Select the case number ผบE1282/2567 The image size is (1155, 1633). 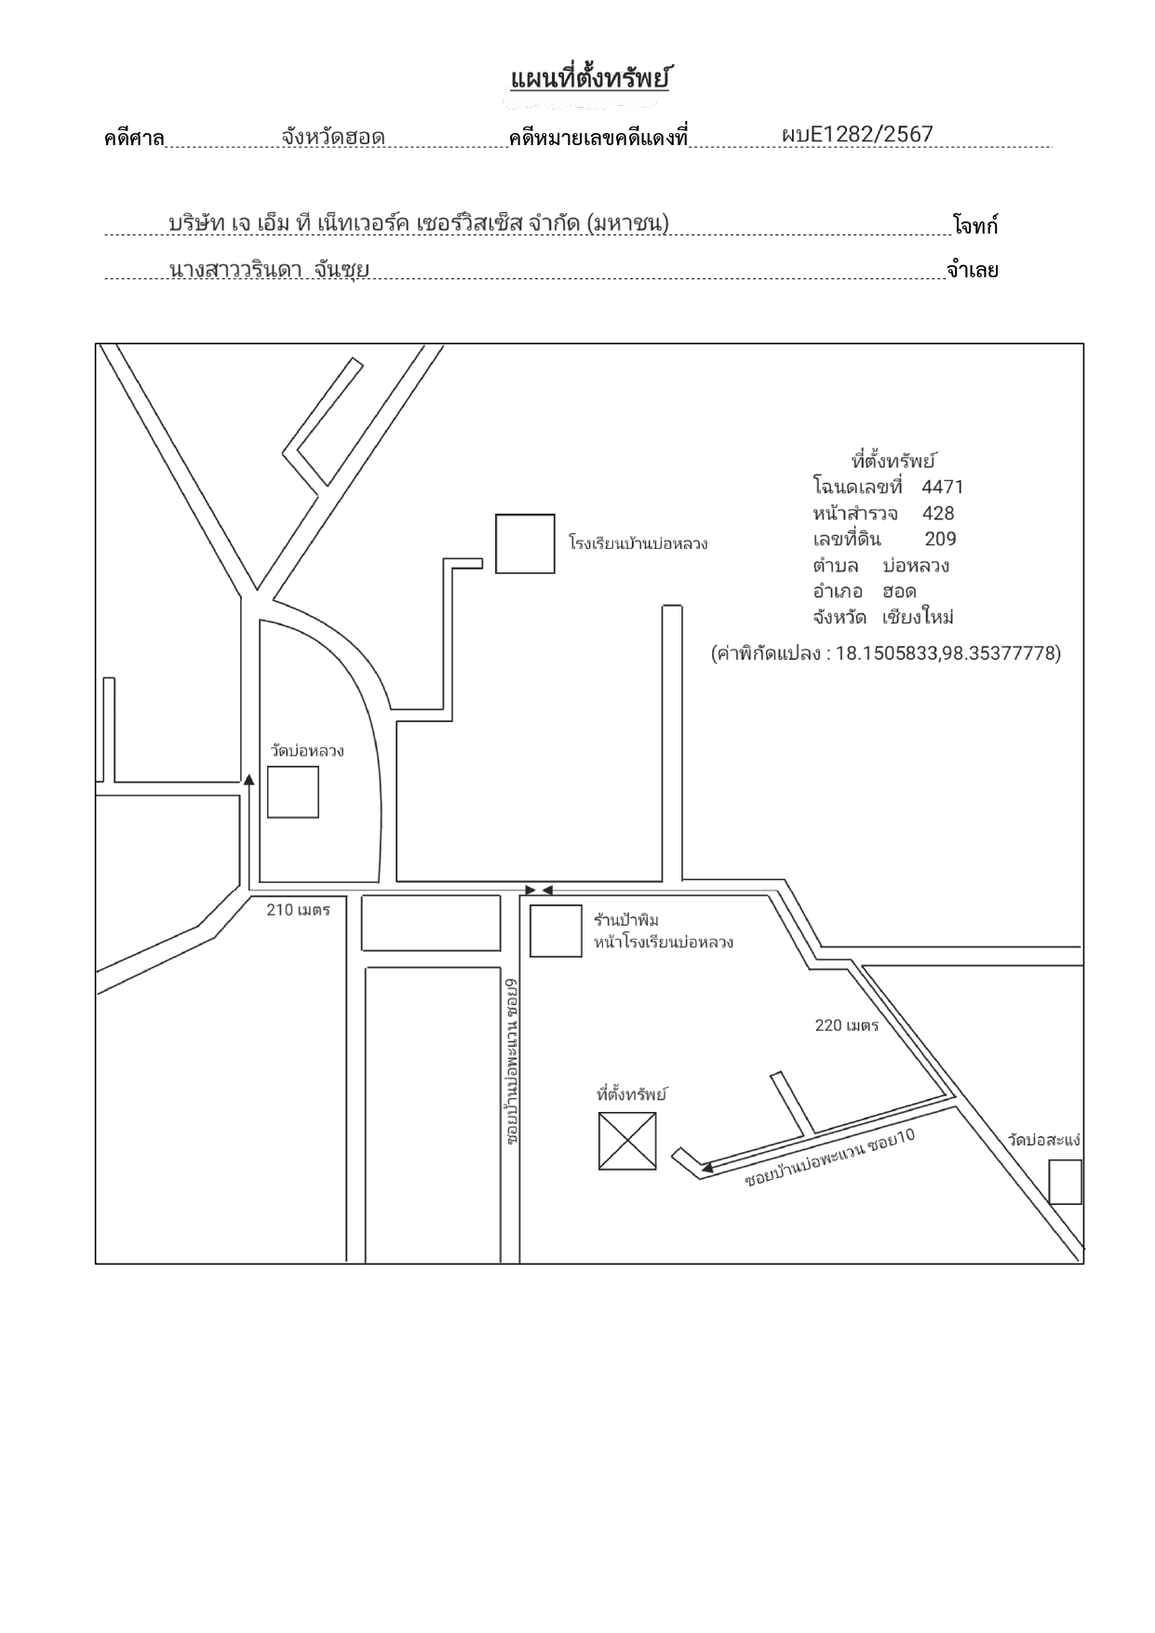pyautogui.click(x=857, y=134)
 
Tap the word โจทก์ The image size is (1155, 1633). pyautogui.click(x=974, y=224)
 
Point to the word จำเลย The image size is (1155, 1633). pyautogui.click(x=972, y=271)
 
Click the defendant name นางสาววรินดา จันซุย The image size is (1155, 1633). pyautogui.click(x=269, y=270)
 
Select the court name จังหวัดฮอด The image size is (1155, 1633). pyautogui.click(x=333, y=137)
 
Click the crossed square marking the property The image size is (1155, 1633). pyautogui.click(x=627, y=1141)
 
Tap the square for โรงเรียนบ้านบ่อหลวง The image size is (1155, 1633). pyautogui.click(x=525, y=543)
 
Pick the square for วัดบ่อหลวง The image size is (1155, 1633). pyautogui.click(x=293, y=792)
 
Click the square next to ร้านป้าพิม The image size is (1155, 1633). pyautogui.click(x=556, y=930)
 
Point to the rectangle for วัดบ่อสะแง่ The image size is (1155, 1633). pyautogui.click(x=1066, y=1182)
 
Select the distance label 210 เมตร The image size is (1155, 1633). pyautogui.click(x=299, y=909)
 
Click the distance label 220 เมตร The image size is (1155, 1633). pyautogui.click(x=847, y=1025)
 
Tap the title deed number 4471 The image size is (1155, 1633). pyautogui.click(x=943, y=487)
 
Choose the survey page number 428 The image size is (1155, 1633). pyautogui.click(x=938, y=513)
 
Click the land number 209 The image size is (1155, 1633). pyautogui.click(x=940, y=539)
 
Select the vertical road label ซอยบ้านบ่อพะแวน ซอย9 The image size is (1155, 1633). pyautogui.click(x=512, y=1061)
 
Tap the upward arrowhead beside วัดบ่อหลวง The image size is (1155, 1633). pyautogui.click(x=248, y=780)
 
